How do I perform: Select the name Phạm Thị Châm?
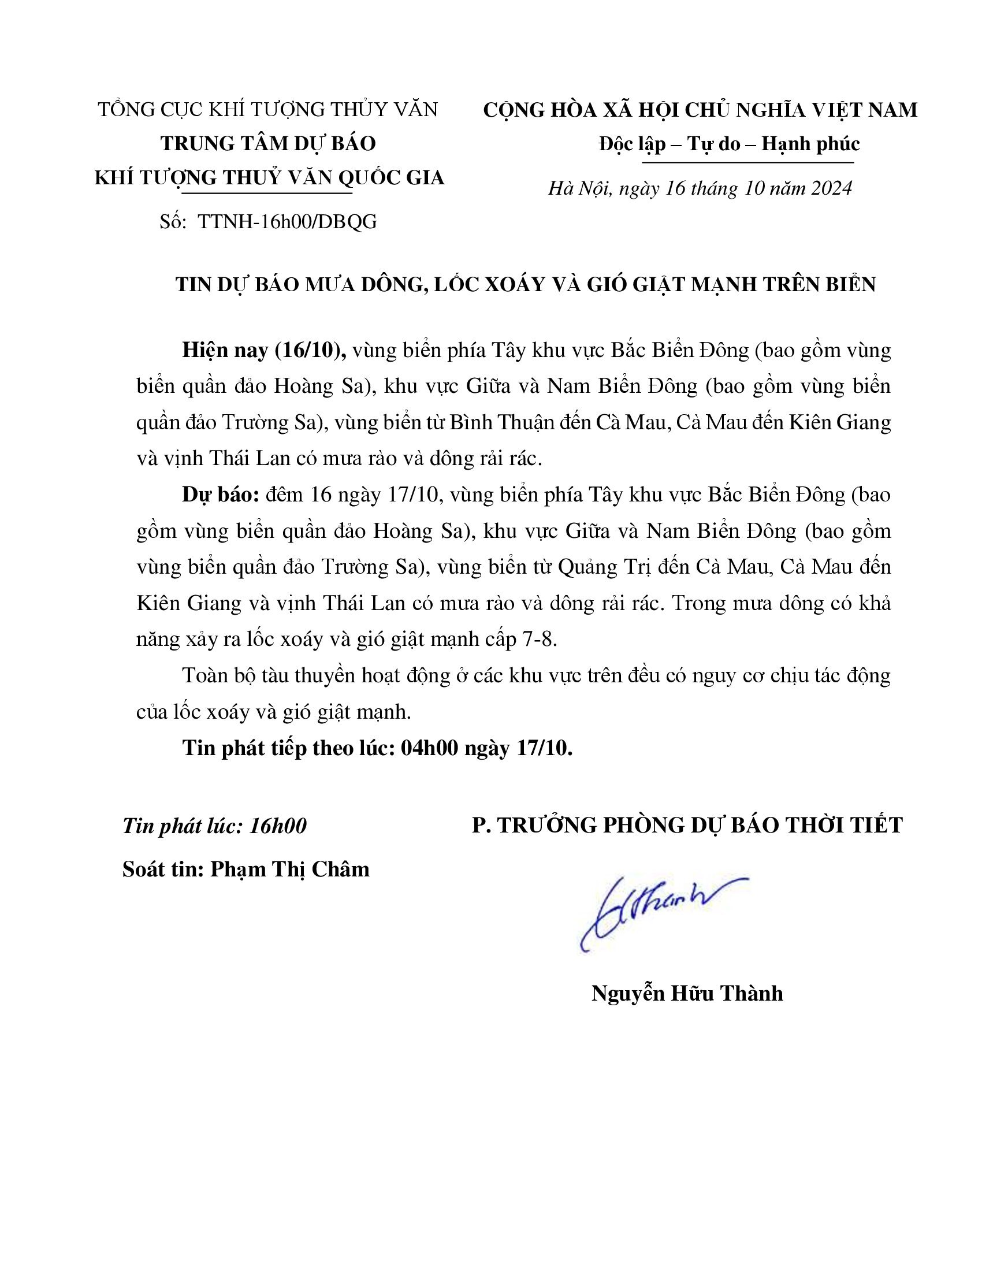pos(290,869)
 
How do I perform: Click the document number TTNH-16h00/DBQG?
pos(288,221)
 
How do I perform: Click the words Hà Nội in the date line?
pos(579,188)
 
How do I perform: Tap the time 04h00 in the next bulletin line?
pos(427,748)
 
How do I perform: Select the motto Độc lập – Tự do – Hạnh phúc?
pos(730,144)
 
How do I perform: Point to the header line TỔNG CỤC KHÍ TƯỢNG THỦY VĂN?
pos(267,109)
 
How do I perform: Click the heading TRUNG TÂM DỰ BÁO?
pos(269,143)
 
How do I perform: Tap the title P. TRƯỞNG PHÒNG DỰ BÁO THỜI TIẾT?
pos(687,825)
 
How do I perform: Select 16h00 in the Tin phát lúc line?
pos(277,826)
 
